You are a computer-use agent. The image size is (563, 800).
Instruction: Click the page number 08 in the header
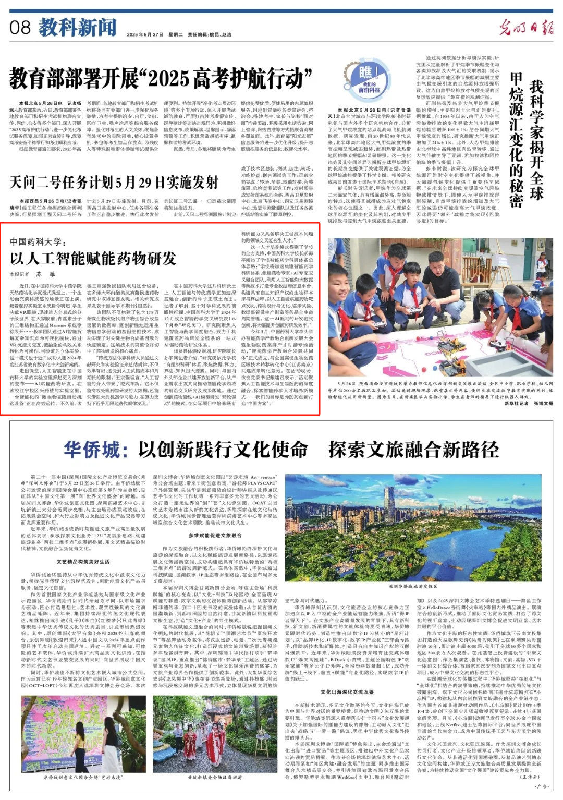[x=20, y=27]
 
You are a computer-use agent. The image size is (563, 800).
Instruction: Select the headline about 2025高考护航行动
[x=161, y=79]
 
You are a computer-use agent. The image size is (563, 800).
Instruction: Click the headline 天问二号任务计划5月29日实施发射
[x=114, y=182]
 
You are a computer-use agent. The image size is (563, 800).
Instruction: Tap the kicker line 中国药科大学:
[x=38, y=241]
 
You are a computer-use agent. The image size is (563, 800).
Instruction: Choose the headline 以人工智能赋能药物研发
[x=93, y=259]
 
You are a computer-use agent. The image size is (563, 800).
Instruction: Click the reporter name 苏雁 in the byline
[x=45, y=274]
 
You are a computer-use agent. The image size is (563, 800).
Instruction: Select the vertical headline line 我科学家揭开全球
[x=536, y=141]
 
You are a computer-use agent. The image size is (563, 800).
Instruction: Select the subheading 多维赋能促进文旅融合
[x=215, y=535]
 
